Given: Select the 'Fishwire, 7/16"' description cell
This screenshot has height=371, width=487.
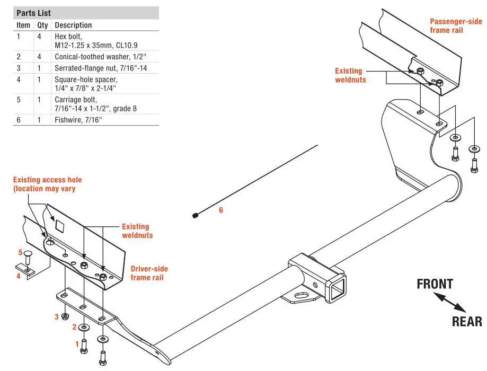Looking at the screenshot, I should pos(77,120).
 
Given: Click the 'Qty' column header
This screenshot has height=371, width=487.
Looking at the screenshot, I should pos(42,25).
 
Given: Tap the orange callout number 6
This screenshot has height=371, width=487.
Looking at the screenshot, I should pos(221,210).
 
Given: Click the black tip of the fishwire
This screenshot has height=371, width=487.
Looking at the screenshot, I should pos(196,215).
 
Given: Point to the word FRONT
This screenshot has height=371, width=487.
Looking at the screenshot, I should pos(435,284).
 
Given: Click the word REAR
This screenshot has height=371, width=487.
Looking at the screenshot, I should pos(466,321).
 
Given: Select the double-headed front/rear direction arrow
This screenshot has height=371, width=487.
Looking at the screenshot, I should pos(451,303).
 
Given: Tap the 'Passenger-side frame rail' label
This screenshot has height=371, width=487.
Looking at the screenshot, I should pos(456,25).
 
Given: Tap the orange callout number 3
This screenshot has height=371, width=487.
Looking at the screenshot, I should pos(56,317).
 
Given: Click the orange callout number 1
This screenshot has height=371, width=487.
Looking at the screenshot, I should pos(77,344).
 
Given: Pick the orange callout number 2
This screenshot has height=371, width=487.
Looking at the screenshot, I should pos(75,326).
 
